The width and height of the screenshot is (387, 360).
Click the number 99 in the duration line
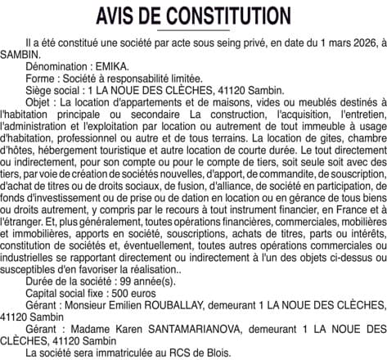(x=122, y=282)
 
